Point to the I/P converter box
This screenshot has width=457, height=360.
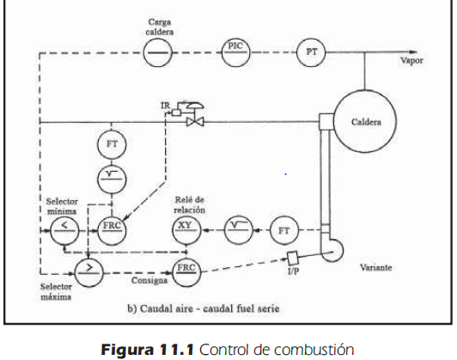pyautogui.click(x=292, y=258)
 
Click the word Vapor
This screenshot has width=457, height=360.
pyautogui.click(x=411, y=61)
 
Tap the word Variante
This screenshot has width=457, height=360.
pyautogui.click(x=376, y=267)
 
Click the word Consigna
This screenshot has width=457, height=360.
pyautogui.click(x=149, y=280)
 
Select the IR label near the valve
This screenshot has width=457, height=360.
pyautogui.click(x=165, y=105)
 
